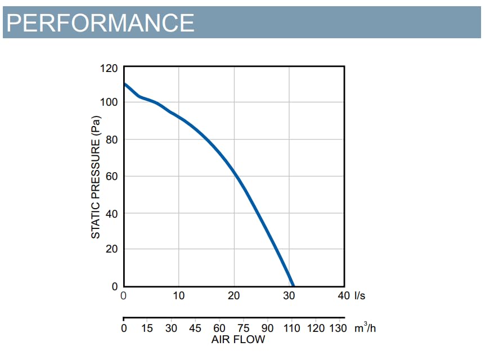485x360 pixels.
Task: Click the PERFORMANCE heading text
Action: tap(100, 22)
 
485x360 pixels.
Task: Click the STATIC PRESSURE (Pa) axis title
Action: tap(96, 177)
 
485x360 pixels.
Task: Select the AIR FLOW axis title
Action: tap(238, 340)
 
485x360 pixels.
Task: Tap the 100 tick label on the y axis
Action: tap(109, 102)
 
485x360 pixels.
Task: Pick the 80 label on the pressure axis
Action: tap(111, 139)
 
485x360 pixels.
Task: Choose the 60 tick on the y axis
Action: tap(111, 177)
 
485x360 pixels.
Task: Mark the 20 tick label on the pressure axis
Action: tap(111, 250)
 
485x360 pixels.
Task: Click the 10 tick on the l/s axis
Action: tap(178, 296)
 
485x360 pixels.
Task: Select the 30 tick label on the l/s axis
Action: tap(289, 296)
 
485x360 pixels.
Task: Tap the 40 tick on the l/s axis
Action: tap(343, 296)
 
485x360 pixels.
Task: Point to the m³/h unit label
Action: tap(365, 328)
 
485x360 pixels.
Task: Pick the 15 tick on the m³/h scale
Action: tap(147, 328)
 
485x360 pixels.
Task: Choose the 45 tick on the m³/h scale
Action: tap(195, 328)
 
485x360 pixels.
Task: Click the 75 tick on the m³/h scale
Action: tap(243, 328)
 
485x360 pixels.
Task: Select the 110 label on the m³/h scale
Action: tap(292, 328)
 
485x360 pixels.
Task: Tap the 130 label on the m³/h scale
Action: tap(338, 328)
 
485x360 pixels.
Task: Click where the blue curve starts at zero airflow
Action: tap(124, 84)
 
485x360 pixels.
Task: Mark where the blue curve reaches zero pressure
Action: tap(293, 286)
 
